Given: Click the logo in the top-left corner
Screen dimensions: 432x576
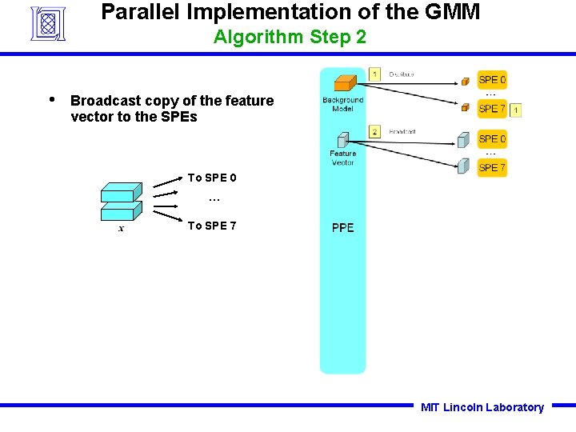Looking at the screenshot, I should pos(47,23).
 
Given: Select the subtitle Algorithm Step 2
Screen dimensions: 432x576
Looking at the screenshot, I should pos(290,37).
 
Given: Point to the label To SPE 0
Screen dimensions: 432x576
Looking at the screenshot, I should pos(211,178).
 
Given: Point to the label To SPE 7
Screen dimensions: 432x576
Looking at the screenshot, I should pos(211,226).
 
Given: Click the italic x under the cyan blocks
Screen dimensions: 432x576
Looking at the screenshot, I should pos(121,229).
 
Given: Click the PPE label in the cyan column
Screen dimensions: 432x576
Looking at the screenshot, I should pos(342,228).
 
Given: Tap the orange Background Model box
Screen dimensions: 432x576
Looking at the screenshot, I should pos(344,83).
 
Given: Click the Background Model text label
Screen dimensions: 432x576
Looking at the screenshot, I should pos(342,105).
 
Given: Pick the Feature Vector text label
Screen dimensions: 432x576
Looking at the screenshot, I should pos(342,158).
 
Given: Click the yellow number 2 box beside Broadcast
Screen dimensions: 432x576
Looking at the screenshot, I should pos(374,131).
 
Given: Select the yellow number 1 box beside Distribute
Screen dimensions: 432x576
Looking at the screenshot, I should pos(374,74).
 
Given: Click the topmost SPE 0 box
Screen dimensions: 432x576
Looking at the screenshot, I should pos(492,80).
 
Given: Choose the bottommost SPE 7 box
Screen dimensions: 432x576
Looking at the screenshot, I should pos(492,167).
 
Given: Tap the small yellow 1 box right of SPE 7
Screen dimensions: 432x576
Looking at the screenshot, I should pos(516,110).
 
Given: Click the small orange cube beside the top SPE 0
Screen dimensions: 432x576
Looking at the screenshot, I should pos(465,81).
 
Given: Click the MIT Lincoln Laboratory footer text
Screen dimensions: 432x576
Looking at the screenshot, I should pos(482,407).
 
